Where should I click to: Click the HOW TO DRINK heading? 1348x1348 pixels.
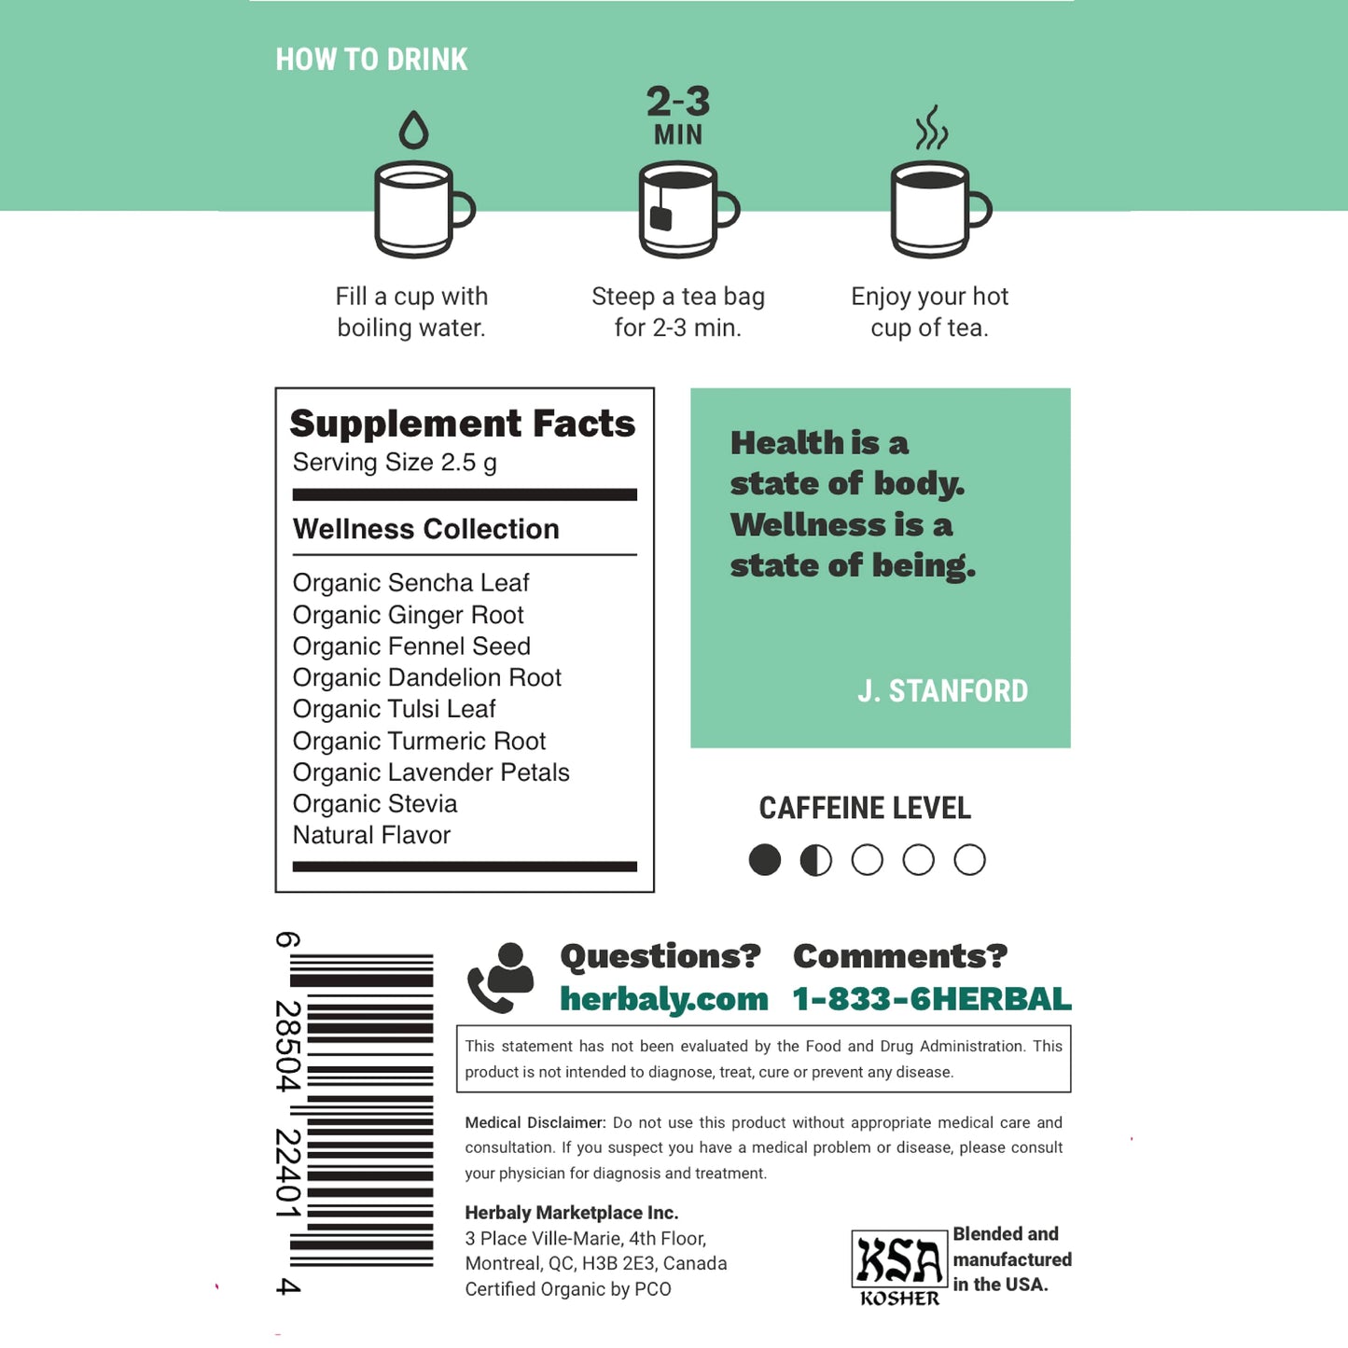(x=371, y=60)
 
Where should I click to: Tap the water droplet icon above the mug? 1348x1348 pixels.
(x=413, y=131)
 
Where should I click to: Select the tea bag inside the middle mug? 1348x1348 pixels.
(x=660, y=215)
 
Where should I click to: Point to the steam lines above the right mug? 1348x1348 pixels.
(x=931, y=128)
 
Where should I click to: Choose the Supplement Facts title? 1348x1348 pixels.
(x=462, y=424)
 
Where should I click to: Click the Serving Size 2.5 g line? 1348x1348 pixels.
(x=395, y=463)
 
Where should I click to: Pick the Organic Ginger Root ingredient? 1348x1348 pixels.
(x=408, y=615)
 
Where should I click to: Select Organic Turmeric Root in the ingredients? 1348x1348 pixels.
(x=419, y=741)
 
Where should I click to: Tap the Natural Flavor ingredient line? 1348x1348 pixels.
(x=371, y=835)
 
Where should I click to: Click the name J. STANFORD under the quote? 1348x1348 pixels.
(x=942, y=691)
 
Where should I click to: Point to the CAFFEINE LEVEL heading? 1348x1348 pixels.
(x=865, y=808)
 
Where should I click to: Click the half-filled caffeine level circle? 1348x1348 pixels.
(x=816, y=860)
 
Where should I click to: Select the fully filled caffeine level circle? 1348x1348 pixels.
(x=765, y=860)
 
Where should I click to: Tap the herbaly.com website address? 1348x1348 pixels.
(x=663, y=999)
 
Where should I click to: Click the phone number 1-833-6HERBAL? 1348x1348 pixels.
(x=931, y=999)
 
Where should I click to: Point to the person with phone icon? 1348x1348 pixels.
(x=501, y=977)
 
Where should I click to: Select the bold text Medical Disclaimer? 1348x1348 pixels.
(x=535, y=1123)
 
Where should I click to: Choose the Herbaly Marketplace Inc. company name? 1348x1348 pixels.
(x=571, y=1213)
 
